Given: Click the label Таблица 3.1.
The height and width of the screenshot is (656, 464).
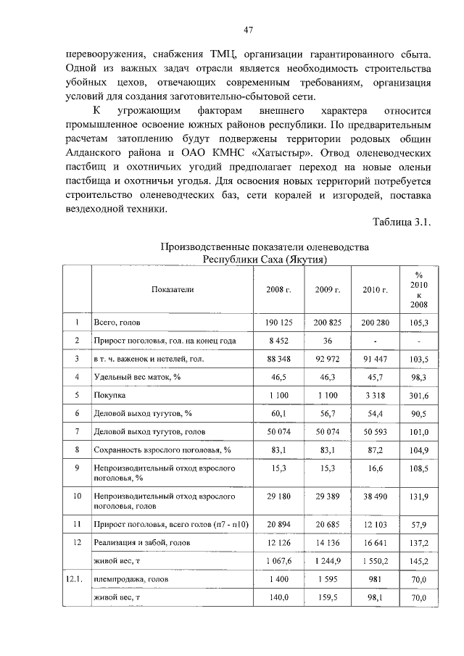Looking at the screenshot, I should pos(402,222).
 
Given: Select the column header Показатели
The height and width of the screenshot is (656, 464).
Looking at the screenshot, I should pos(173,289).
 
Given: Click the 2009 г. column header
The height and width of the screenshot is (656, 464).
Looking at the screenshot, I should pos(328,289).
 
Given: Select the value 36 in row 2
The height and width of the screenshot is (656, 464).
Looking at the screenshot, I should pos(328,340).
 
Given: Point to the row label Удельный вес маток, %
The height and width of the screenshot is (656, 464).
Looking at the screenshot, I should pos(132,378).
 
